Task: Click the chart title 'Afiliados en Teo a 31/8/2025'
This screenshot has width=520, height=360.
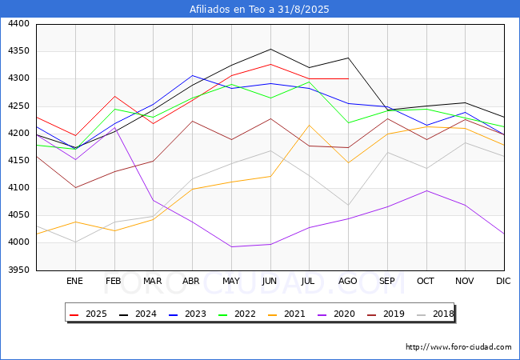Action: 259,10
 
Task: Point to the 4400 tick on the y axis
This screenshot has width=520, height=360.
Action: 18,24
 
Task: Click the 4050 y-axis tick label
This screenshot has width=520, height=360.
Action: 18,215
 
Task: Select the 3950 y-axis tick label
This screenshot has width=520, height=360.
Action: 18,270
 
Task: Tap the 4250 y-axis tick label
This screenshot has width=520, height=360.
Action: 18,106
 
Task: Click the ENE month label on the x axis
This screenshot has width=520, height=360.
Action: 74,281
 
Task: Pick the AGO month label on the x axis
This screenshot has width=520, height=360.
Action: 348,281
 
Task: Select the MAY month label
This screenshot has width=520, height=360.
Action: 231,281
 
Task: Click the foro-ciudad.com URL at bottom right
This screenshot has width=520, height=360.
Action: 458,347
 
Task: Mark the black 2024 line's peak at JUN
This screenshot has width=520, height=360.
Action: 270,49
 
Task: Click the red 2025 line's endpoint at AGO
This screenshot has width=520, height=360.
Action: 348,78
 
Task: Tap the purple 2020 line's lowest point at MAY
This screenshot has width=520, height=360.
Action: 231,246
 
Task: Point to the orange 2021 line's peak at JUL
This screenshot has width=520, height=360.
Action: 309,125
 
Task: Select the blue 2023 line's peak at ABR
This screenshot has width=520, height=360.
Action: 192,75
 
